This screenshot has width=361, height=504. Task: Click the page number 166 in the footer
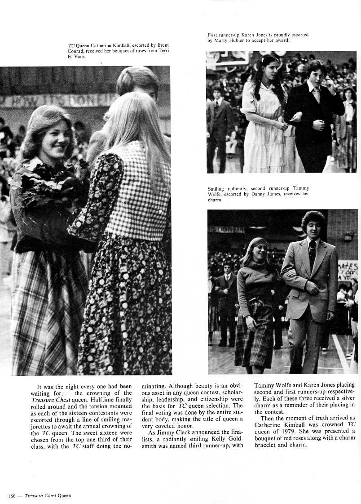[12, 495]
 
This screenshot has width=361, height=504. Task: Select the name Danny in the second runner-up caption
[261, 194]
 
